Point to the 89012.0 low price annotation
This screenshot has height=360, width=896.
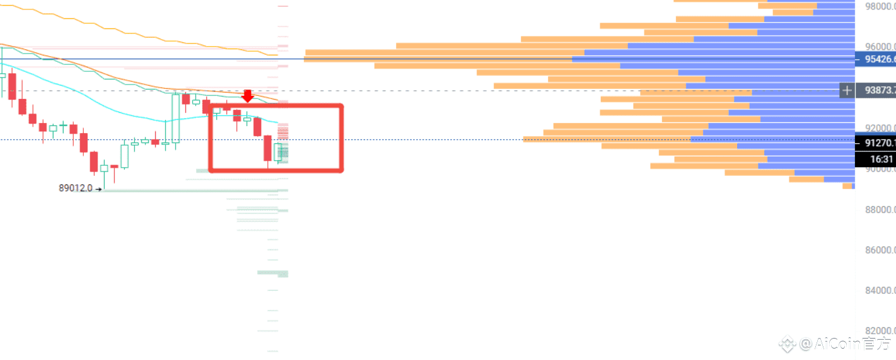76,188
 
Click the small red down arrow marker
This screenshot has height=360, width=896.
248,96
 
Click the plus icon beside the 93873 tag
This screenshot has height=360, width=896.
847,91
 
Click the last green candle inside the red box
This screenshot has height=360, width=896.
277,152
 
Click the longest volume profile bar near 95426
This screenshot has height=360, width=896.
441,59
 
